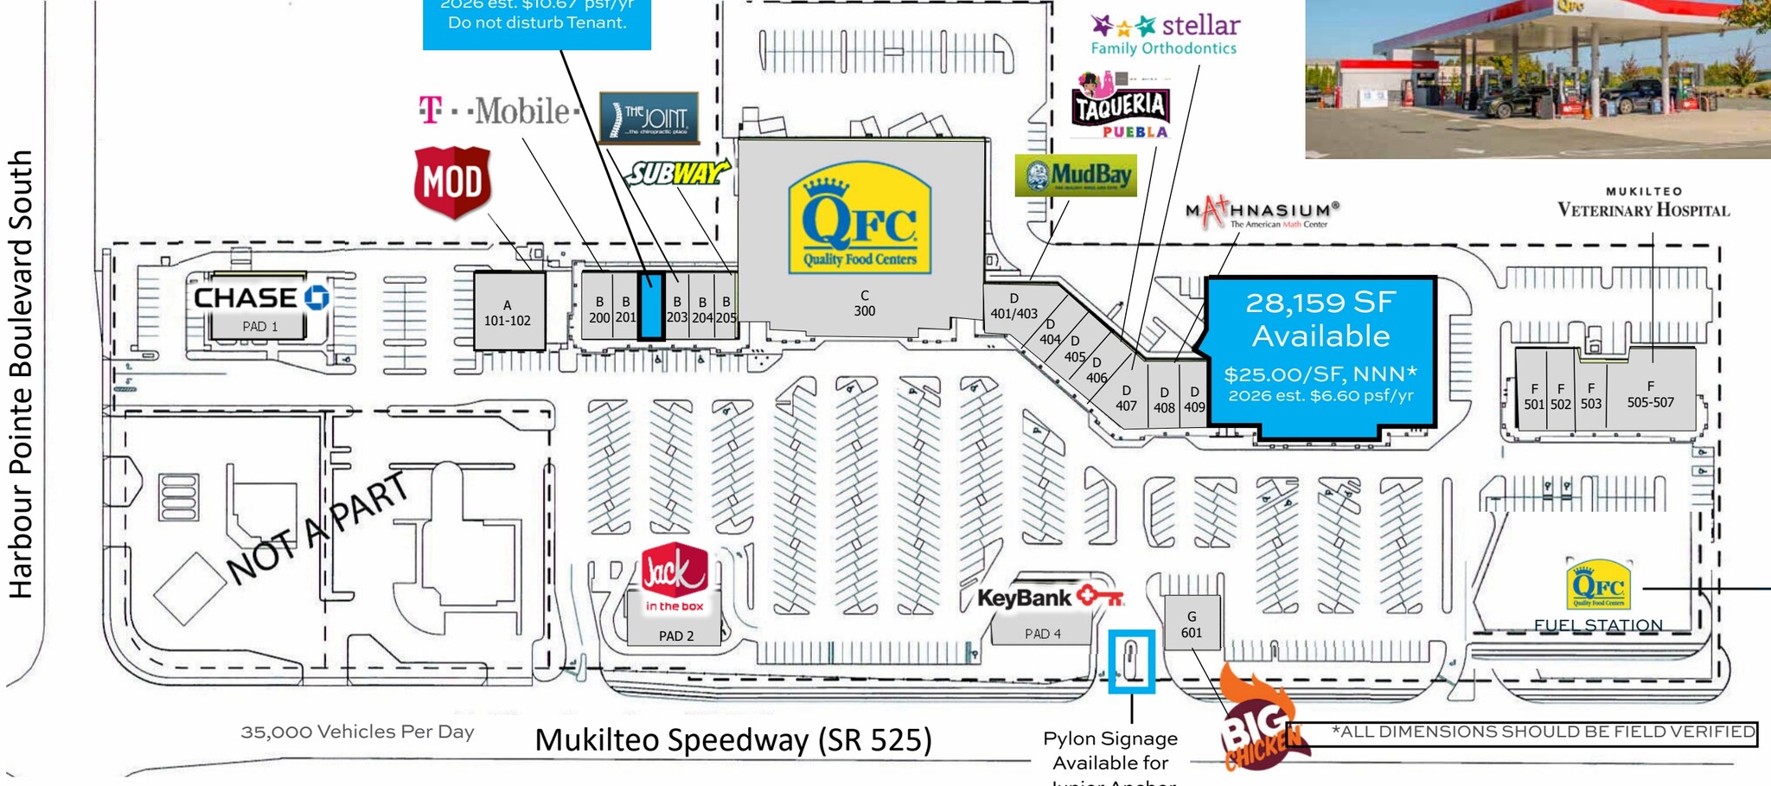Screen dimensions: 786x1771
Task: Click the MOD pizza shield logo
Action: (x=452, y=182)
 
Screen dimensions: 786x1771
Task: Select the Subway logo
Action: (x=677, y=174)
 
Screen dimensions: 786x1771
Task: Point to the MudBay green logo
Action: (x=1076, y=176)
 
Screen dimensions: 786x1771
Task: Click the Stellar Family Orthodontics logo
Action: (x=1165, y=35)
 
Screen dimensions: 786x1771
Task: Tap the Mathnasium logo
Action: (x=1262, y=212)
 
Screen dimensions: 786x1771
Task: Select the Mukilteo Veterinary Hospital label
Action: (x=1643, y=204)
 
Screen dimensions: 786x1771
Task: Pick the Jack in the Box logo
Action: (x=675, y=578)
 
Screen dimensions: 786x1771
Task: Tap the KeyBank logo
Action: (x=1050, y=597)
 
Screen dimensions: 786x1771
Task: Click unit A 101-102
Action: (x=508, y=311)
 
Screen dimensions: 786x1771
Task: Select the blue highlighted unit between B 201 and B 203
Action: (x=650, y=305)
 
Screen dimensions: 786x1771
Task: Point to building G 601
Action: (x=1192, y=623)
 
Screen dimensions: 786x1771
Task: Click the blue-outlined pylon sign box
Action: (x=1131, y=661)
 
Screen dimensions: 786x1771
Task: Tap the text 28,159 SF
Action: (x=1320, y=303)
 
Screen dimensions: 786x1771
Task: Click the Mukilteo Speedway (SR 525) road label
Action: (x=733, y=740)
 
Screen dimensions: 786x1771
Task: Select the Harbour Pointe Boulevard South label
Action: (x=21, y=374)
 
